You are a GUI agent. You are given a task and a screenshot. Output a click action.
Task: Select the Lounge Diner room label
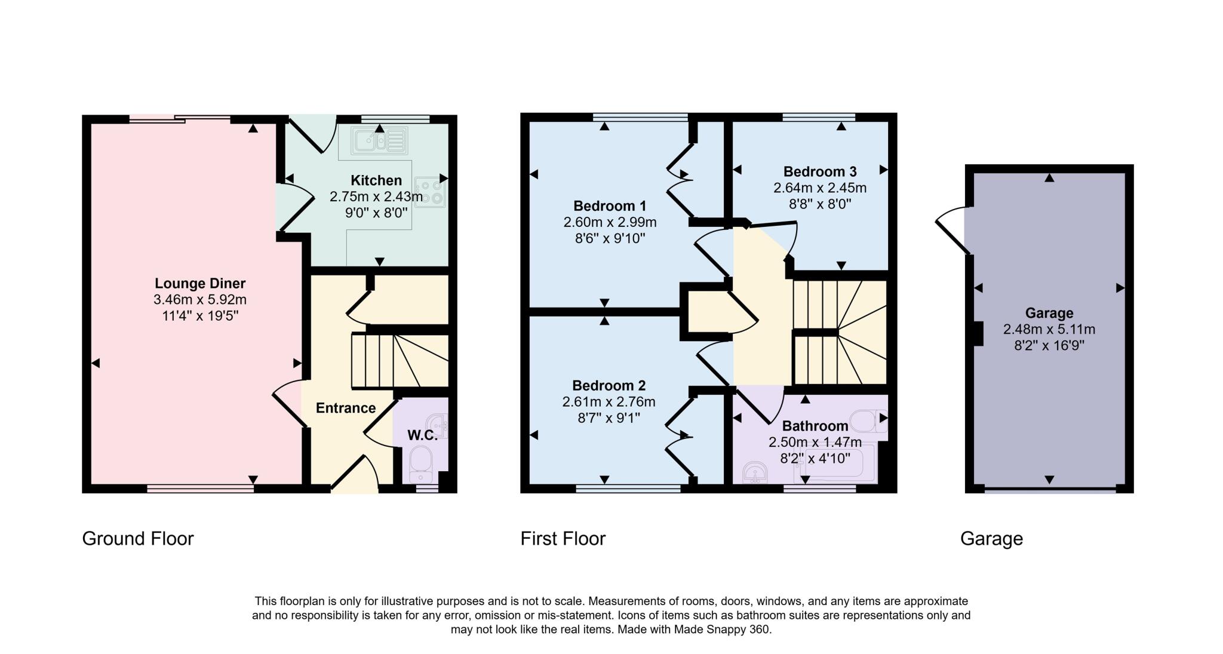coord(200,284)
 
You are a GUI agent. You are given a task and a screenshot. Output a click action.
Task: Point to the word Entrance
coord(345,408)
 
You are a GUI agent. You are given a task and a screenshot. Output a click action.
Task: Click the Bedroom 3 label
coord(819,172)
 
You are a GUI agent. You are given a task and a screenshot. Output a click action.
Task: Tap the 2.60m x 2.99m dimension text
coord(609,222)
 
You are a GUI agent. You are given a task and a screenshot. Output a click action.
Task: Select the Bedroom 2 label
coord(609,385)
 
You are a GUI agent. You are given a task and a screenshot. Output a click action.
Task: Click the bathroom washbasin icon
coord(755,474)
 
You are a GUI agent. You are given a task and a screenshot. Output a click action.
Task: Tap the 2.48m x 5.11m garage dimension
coord(1049,329)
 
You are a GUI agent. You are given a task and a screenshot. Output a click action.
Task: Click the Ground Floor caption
coord(138,539)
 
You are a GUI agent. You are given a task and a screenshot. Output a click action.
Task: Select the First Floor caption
coord(563,539)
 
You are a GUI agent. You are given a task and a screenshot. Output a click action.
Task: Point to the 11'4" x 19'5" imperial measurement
coord(200,315)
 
